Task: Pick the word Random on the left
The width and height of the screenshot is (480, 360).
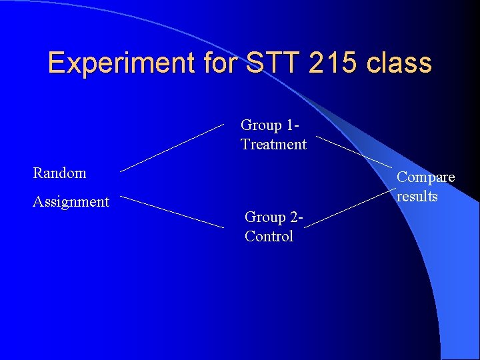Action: coord(60,173)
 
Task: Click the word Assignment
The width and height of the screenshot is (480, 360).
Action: coord(71,202)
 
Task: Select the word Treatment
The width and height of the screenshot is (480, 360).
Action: coord(273,145)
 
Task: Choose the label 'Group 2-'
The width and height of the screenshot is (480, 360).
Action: coord(274,217)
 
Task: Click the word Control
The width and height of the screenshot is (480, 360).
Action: coord(269,237)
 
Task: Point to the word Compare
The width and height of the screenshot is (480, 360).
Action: coord(426,177)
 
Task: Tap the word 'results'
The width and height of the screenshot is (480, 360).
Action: coord(417,197)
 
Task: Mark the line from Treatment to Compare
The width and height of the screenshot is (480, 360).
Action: coord(353,152)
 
